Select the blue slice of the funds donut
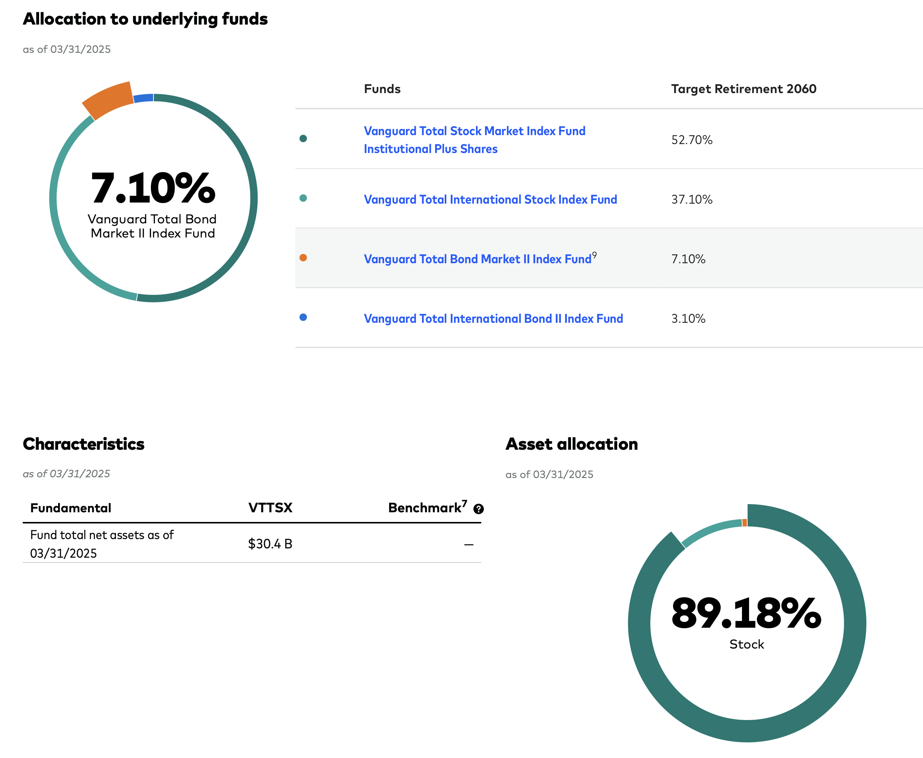click(144, 98)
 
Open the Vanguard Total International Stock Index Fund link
click(490, 200)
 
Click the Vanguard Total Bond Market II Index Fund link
click(478, 259)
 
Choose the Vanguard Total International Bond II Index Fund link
click(493, 319)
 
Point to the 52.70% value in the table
click(691, 140)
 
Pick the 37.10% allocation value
click(691, 200)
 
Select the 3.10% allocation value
click(688, 319)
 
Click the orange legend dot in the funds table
click(303, 258)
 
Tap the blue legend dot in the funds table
click(303, 318)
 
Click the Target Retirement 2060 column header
click(743, 89)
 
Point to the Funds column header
click(382, 89)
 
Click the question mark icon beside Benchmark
click(478, 509)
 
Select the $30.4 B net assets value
click(270, 544)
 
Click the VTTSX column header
click(270, 507)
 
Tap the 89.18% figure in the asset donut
click(746, 614)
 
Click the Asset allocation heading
click(571, 444)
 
